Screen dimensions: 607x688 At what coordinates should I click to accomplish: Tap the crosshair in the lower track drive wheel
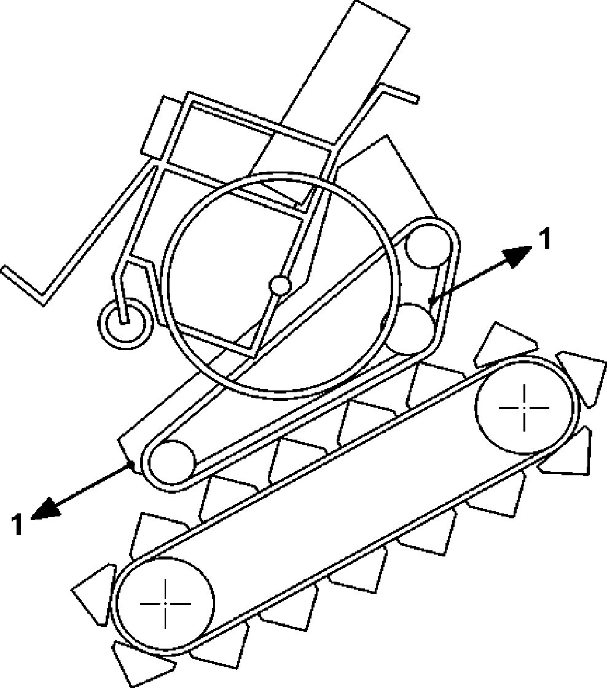pos(165,603)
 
